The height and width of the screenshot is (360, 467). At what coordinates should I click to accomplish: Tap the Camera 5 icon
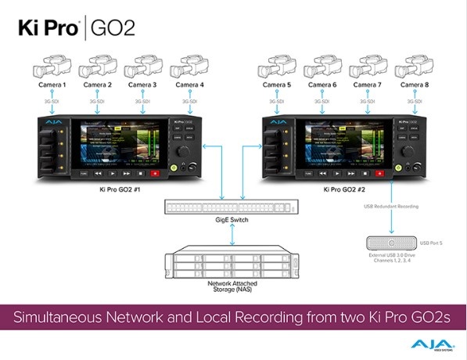pyautogui.click(x=281, y=66)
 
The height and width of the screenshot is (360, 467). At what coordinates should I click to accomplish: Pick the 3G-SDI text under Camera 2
pyautogui.click(x=97, y=102)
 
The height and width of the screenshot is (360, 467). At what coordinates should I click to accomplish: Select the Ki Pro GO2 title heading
pyautogui.click(x=77, y=28)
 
